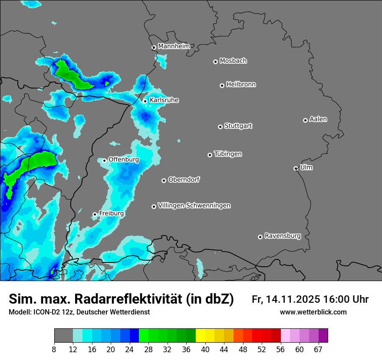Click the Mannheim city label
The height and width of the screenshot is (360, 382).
coord(174,46)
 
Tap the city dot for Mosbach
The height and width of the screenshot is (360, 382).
coord(215,62)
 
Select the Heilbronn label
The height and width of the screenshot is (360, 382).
coord(241,84)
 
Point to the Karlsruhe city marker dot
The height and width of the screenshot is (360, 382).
coord(145,101)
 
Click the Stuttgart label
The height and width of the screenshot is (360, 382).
coord(238,126)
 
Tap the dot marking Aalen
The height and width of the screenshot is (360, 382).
coord(305,120)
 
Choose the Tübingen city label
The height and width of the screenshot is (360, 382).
coord(228,154)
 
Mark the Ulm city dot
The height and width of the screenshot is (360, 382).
coord(296,168)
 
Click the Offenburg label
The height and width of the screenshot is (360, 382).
coord(124,160)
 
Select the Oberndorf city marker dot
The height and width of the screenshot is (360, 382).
coord(164,180)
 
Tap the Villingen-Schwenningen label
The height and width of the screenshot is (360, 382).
coord(194,206)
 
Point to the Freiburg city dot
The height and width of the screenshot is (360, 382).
coord(95,214)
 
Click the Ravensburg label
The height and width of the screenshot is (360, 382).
coord(283,236)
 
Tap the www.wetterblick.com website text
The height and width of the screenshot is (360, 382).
coord(313,312)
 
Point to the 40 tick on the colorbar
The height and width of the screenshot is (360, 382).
coord(205,349)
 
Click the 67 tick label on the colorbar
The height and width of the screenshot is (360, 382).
coord(319,349)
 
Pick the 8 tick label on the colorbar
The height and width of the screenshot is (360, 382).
coord(54,349)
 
